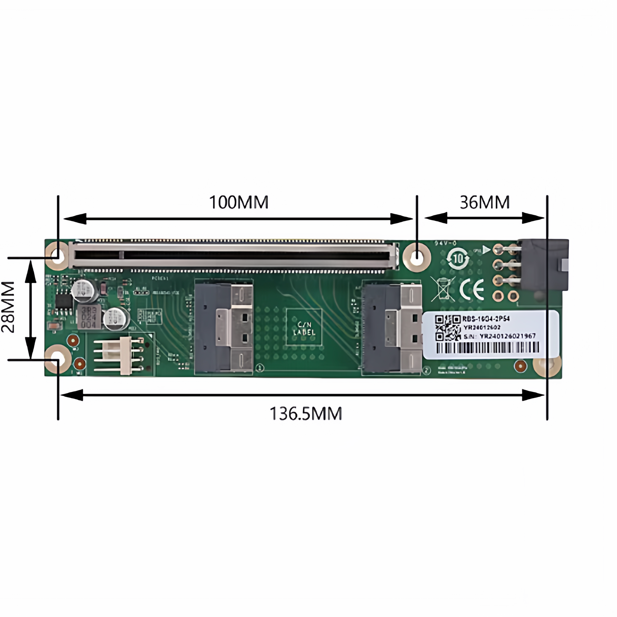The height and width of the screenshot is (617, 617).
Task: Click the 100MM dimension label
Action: [239, 202]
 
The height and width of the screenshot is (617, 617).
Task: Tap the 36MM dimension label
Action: [485, 202]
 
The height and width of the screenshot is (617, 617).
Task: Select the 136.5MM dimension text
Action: [306, 413]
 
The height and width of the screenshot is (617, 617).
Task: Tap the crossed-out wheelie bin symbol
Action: [443, 289]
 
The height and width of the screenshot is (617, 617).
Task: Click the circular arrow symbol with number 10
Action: [458, 258]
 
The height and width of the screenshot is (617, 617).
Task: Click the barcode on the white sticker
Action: [487, 347]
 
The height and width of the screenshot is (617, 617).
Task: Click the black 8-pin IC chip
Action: [63, 301]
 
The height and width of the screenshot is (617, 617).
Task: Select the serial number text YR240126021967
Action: [507, 336]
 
